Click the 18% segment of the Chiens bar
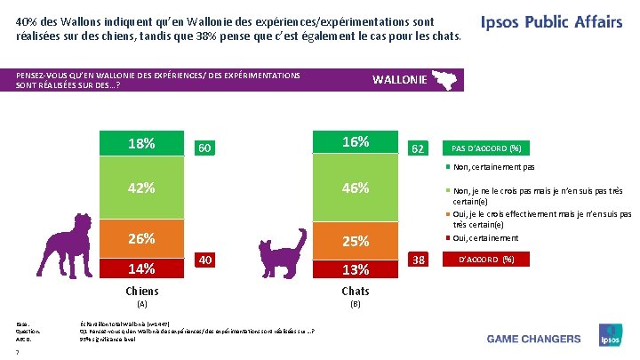(141, 143)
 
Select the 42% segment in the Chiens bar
(141, 188)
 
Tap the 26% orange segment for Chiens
(141, 238)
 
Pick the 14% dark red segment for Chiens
(141, 268)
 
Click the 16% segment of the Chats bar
(355, 141)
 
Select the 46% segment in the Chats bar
(355, 188)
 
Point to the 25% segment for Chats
(355, 241)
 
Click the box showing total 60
(204, 147)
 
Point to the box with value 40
(204, 260)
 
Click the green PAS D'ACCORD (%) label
(485, 148)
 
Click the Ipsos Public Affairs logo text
(551, 23)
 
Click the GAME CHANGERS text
(533, 339)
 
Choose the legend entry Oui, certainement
(484, 238)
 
